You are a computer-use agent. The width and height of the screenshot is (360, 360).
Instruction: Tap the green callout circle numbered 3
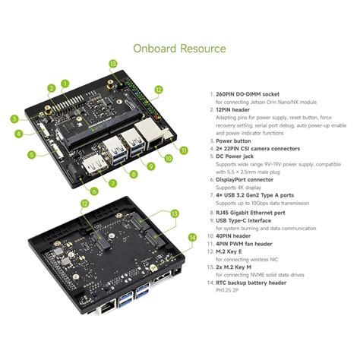coord(14,118)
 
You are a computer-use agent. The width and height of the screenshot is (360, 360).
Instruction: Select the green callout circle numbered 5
coord(32,155)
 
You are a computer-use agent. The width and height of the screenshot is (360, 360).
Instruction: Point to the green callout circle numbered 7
coord(112,182)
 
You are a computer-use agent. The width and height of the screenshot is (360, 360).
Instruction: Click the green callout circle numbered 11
coord(182,150)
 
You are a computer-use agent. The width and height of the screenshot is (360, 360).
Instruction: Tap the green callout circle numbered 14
coord(192,237)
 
